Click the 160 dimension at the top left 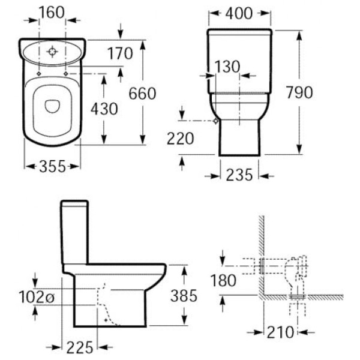[x=51, y=12]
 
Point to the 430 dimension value [x=104, y=109]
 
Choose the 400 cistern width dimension [x=240, y=13]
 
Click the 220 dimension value [x=181, y=139]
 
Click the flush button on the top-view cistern [x=53, y=52]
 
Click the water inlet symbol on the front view [x=215, y=121]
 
